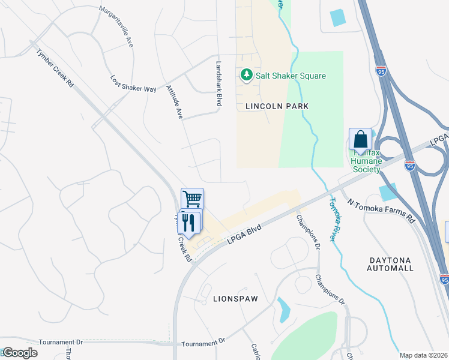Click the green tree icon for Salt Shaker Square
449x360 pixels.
246,75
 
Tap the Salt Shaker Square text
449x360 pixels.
291,76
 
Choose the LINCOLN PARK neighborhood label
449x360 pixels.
277,106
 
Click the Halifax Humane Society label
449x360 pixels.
366,161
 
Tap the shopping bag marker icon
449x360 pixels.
361,140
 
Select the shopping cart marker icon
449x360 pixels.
192,198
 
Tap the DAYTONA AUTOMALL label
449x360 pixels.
390,264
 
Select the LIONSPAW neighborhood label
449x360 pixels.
234,298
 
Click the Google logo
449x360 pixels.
20,353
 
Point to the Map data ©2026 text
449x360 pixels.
423,355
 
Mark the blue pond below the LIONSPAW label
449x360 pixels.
283,311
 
